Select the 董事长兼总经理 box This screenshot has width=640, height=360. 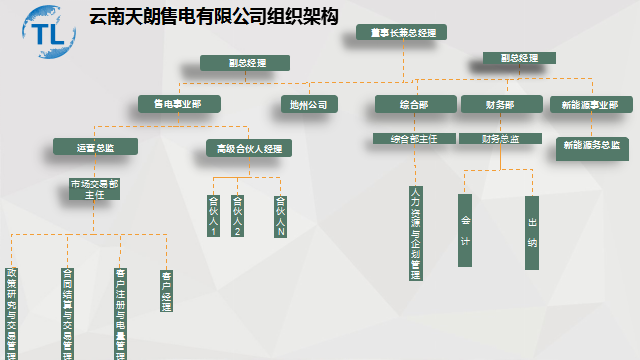pyautogui.click(x=401, y=32)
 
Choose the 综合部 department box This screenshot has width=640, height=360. pyautogui.click(x=415, y=103)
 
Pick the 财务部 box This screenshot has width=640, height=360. pyautogui.click(x=500, y=103)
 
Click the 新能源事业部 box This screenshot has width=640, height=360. pyautogui.click(x=591, y=103)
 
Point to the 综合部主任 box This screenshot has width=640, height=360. pyautogui.click(x=415, y=139)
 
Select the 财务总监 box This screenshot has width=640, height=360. pyautogui.click(x=500, y=139)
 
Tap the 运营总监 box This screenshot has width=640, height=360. pyautogui.click(x=95, y=147)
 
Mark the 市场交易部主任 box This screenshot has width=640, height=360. pyautogui.click(x=95, y=189)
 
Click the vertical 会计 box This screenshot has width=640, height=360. pyautogui.click(x=465, y=231)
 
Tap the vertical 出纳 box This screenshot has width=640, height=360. pyautogui.click(x=532, y=231)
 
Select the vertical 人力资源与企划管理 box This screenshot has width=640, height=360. pyautogui.click(x=415, y=233)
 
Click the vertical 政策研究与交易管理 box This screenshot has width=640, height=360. pyautogui.click(x=12, y=311)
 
